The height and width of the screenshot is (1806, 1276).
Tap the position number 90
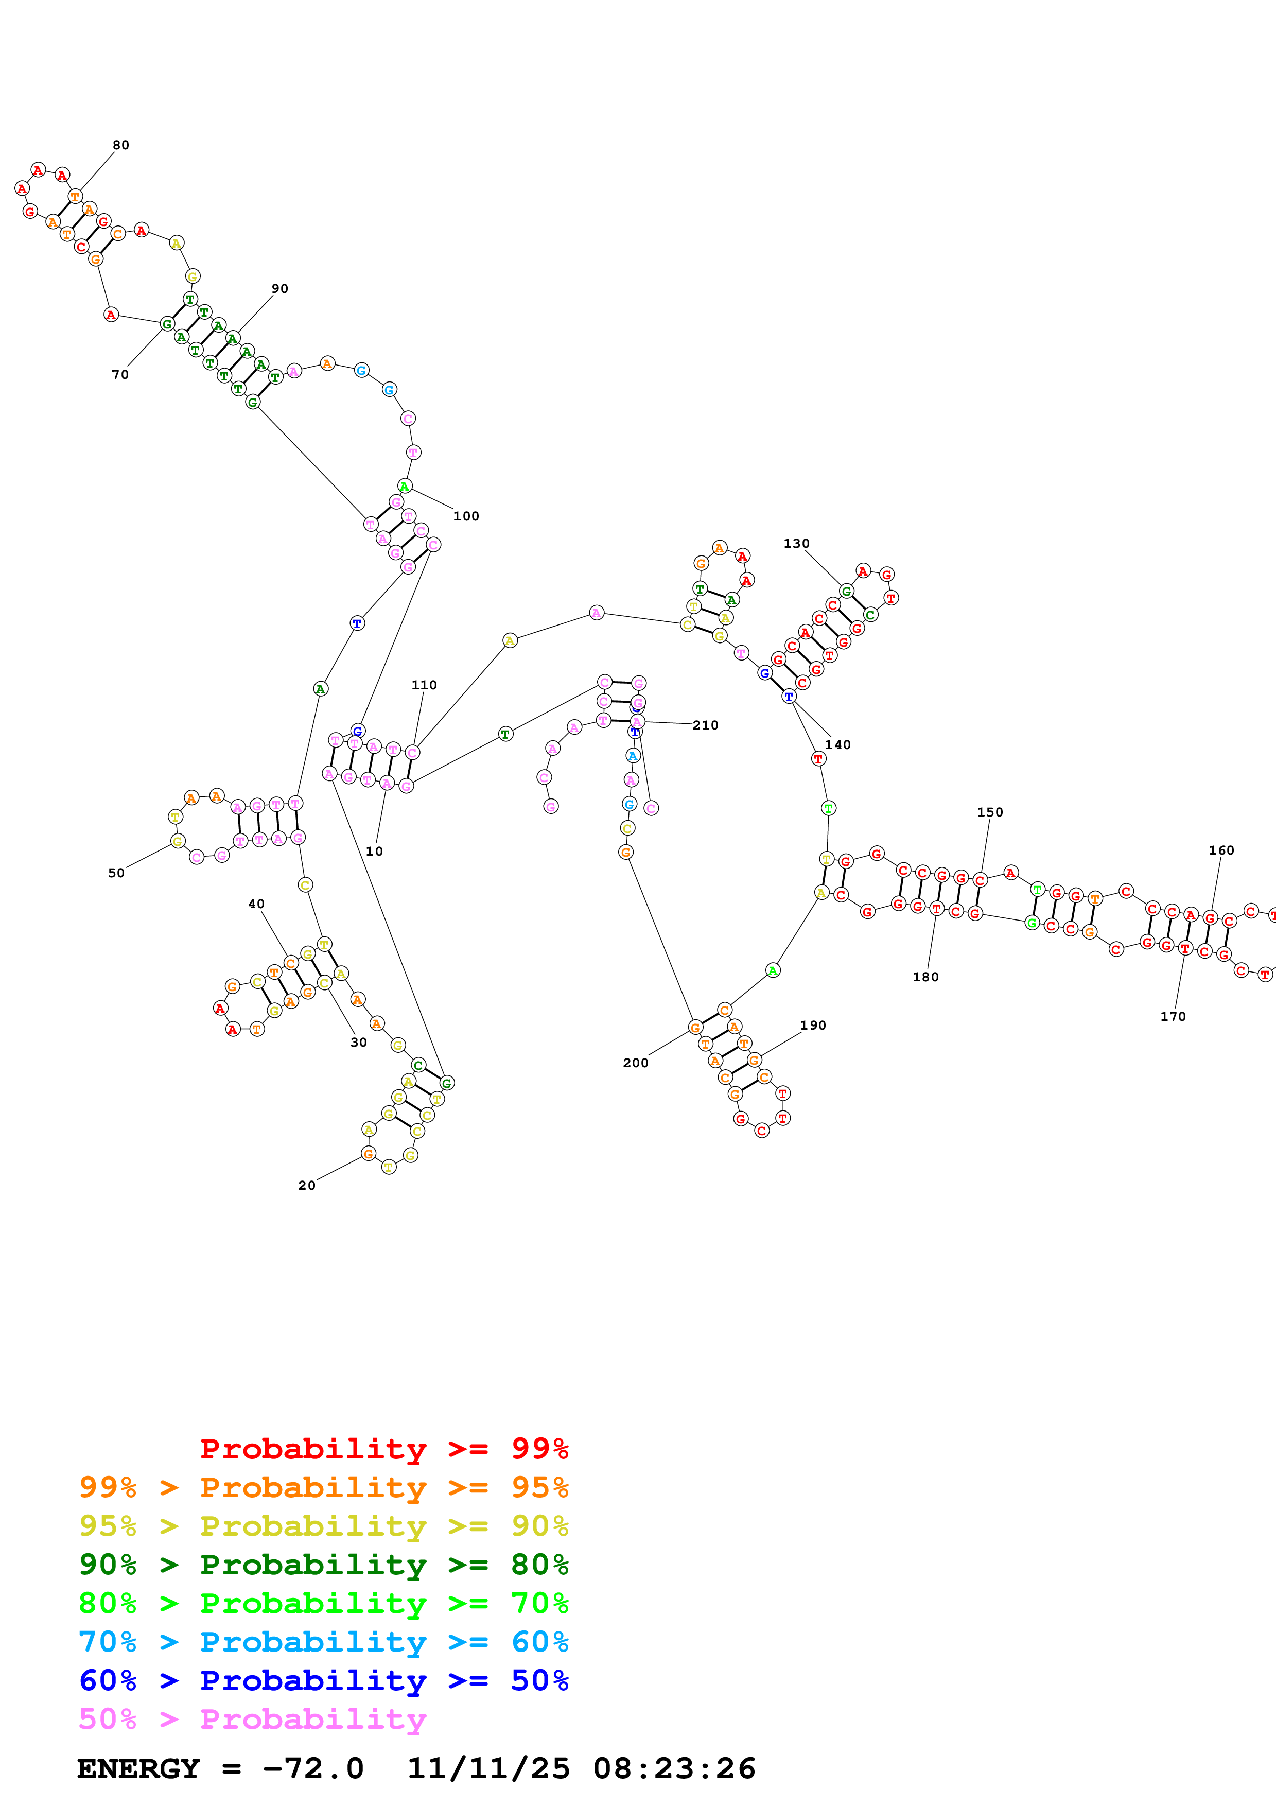[280, 289]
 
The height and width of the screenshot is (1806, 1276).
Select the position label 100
[466, 516]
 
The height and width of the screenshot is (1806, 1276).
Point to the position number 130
[796, 544]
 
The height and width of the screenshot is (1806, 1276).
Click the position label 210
[705, 725]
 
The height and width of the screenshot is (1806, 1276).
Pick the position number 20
[307, 1186]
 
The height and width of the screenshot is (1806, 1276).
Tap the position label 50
[116, 873]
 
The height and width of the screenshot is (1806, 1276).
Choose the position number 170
[1173, 1016]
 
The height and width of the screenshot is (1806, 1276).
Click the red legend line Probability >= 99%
[383, 1449]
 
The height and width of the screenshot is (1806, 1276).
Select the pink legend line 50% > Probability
[252, 1718]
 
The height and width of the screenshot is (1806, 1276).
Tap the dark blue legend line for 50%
[323, 1680]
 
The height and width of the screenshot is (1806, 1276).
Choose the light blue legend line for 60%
[323, 1642]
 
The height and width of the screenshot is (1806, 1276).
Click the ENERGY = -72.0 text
[220, 1768]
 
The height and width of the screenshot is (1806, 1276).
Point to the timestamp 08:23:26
[674, 1768]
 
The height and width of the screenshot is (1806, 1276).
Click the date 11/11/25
[488, 1768]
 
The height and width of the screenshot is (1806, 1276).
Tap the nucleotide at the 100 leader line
[404, 486]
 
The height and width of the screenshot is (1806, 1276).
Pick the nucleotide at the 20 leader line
[368, 1154]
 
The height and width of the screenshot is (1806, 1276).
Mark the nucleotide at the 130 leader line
[846, 591]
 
